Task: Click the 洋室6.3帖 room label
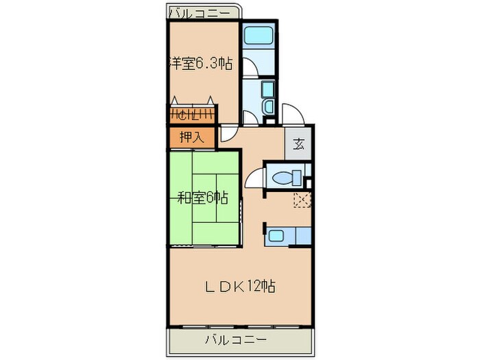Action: tap(200, 64)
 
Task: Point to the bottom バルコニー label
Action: tap(237, 339)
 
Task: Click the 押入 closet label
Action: tap(192, 137)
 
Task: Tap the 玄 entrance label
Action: tap(299, 144)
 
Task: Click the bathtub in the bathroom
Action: tap(260, 35)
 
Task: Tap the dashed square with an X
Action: tap(302, 200)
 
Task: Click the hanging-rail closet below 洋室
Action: tap(193, 114)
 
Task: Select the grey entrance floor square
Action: tap(299, 144)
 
